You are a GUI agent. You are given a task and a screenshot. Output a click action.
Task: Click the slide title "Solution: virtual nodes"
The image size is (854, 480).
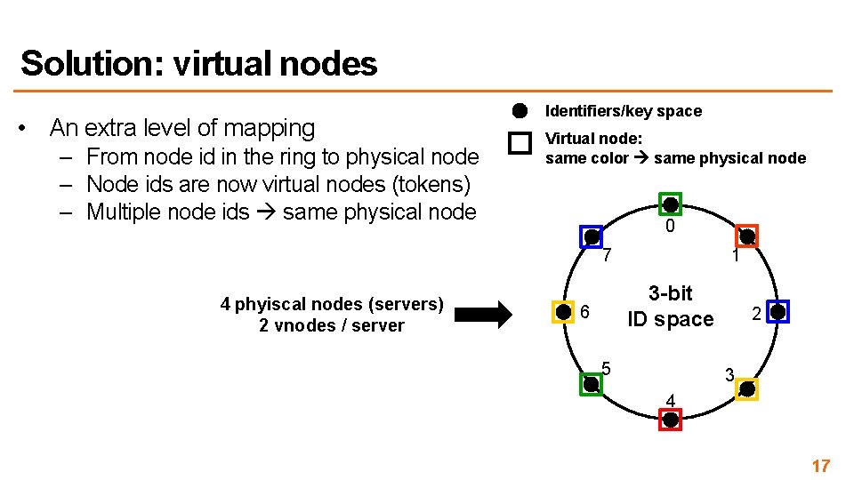tap(198, 64)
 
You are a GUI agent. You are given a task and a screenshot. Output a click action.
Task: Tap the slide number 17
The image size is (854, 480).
tap(820, 466)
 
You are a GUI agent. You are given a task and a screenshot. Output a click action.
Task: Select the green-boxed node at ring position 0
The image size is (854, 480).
tap(671, 204)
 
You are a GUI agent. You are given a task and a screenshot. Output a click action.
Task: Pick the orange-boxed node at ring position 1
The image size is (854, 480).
tap(747, 236)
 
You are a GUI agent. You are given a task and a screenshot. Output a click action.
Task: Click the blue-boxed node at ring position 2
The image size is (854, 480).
tap(777, 312)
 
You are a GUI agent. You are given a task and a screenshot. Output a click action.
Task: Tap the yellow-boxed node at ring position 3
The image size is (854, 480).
tap(747, 389)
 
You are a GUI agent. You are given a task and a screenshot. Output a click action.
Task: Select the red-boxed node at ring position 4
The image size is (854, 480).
tap(671, 420)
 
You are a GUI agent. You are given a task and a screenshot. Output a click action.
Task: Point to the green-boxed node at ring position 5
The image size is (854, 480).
tap(592, 384)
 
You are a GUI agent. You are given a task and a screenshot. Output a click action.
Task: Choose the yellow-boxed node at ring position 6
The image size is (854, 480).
tap(563, 312)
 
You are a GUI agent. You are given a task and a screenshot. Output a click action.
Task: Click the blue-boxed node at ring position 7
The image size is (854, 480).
tap(592, 236)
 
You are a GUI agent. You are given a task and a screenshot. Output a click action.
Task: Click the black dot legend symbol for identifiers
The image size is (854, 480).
tap(520, 111)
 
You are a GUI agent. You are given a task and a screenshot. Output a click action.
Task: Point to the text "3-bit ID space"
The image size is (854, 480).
tap(671, 306)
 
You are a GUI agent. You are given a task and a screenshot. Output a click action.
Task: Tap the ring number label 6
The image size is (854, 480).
tap(584, 313)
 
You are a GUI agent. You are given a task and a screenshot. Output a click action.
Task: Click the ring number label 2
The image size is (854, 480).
tap(756, 314)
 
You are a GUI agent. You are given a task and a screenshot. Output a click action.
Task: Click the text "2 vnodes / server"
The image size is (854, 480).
tap(331, 325)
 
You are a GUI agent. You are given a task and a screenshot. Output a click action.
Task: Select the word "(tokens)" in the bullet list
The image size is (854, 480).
tap(428, 184)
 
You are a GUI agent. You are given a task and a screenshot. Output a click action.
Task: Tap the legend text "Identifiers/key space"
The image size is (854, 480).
tap(623, 111)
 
